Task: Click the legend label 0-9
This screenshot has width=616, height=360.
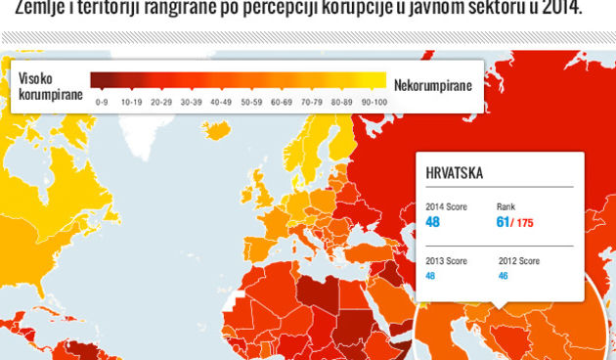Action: [x=103, y=101]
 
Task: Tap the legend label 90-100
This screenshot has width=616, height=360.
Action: [x=373, y=101]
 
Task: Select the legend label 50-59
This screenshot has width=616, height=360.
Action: [x=252, y=101]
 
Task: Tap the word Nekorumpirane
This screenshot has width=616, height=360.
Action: [x=432, y=85]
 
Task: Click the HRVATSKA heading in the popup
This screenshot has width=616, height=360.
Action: [x=455, y=173]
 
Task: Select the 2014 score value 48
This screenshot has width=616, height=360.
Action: [x=433, y=223]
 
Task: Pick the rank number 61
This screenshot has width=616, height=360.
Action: [x=504, y=223]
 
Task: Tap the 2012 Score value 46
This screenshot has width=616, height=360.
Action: [x=505, y=276]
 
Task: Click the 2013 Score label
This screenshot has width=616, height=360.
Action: [x=446, y=261]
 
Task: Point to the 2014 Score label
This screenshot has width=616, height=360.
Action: [x=446, y=207]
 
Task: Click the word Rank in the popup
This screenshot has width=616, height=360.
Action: [x=506, y=207]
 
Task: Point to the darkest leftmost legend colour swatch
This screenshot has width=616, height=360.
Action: [x=103, y=80]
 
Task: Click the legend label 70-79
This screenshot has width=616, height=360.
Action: [x=313, y=101]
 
